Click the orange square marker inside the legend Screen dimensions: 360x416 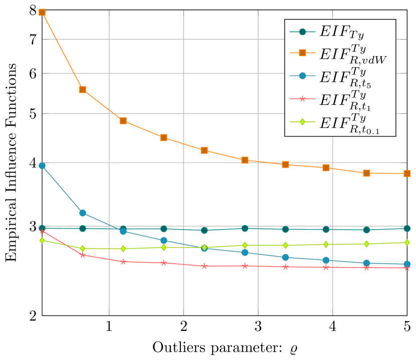coord(302,53)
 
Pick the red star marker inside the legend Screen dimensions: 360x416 coord(302,99)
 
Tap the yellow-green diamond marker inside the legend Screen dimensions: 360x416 coord(302,121)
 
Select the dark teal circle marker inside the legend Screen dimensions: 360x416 coord(302,32)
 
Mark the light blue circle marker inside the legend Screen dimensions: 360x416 coord(302,76)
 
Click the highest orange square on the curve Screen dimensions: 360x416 coord(42,12)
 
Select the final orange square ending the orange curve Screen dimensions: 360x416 coord(407,173)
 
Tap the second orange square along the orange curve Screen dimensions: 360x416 coord(83,90)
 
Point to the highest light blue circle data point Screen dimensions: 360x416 coord(42,165)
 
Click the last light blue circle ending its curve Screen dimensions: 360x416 coord(407,264)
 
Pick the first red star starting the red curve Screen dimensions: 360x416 coord(42,231)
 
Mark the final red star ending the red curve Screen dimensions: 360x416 coord(407,268)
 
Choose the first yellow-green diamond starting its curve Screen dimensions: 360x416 coord(42,240)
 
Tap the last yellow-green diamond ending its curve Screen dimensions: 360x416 coord(407,242)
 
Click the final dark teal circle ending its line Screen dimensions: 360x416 coord(407,228)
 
